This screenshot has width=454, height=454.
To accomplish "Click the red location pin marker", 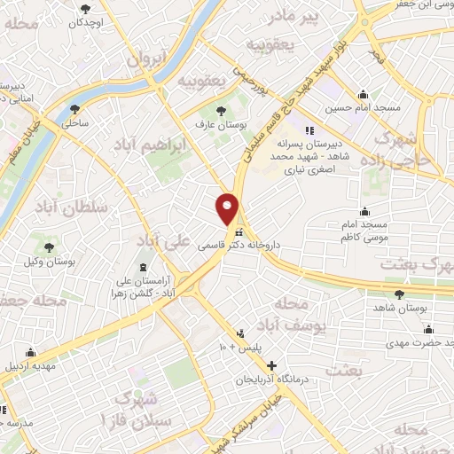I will coord(228,208).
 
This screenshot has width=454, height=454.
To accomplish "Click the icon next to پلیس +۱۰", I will coord(239,333).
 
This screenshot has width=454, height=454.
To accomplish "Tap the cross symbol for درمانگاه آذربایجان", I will coord(271,365).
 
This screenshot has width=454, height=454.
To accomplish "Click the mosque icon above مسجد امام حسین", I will coord(362,95).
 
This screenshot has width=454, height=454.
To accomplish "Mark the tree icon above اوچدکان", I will coord(85,9).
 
